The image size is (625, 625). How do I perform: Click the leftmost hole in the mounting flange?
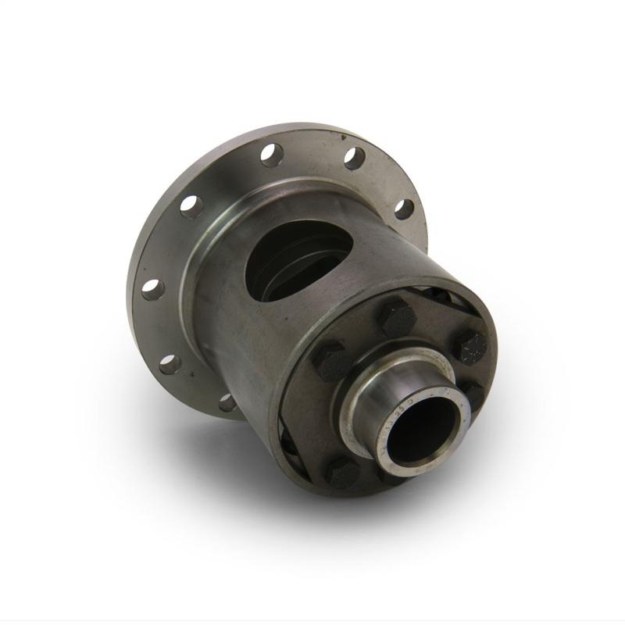point(152,289)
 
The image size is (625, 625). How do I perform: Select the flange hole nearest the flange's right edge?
point(403,209)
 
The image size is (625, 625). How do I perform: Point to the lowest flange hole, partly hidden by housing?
point(227,402)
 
